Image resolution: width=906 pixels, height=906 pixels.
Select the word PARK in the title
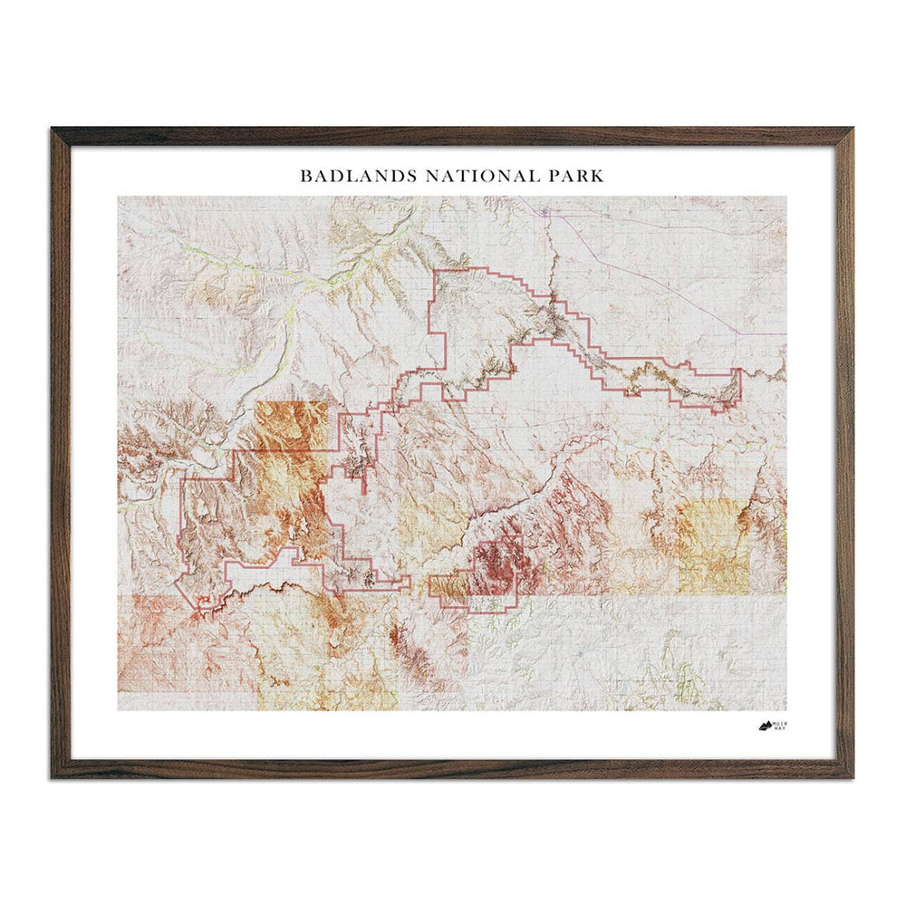pos(574,175)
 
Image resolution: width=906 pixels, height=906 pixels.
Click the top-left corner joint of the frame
pos(61,137)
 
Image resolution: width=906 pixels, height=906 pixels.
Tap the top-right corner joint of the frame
pos(843,137)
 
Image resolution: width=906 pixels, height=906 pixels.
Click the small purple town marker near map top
pos(545,212)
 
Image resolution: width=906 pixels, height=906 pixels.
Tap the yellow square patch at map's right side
pos(713,546)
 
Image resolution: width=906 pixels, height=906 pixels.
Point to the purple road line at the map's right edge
pos(766,333)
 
